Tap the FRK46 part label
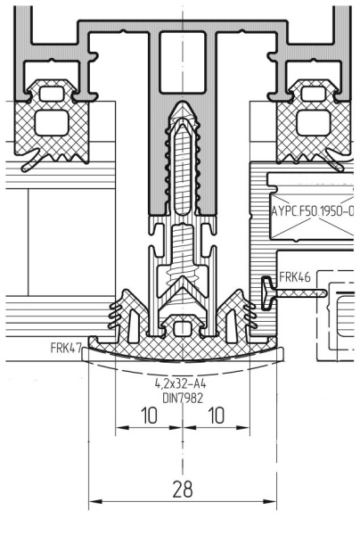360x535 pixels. (x=295, y=278)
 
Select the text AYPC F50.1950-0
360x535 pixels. (x=312, y=213)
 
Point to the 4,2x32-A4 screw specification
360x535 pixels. (x=184, y=382)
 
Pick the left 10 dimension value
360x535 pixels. (x=149, y=416)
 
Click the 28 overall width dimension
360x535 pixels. (x=184, y=490)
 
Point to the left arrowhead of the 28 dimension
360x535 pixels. (x=94, y=504)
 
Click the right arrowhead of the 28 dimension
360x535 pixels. (x=274, y=504)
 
